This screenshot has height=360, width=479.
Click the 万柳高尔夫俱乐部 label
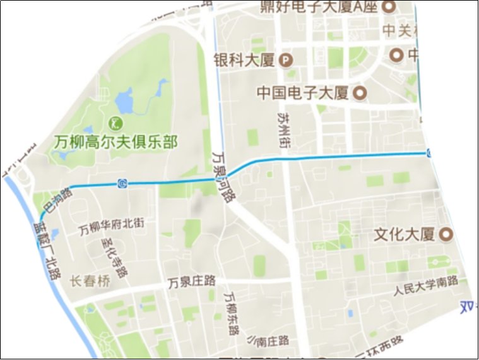(x=115, y=141)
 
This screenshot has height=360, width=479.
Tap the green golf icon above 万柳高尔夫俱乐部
(x=116, y=121)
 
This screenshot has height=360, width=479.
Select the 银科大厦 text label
(x=245, y=61)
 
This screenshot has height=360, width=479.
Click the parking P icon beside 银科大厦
(x=287, y=61)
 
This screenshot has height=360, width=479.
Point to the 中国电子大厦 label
(x=303, y=93)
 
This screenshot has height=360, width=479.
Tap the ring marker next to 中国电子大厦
(x=361, y=93)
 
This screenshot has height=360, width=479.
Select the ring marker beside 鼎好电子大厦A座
(x=390, y=8)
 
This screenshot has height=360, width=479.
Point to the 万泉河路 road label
(x=223, y=176)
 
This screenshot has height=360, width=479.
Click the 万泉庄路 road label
(x=192, y=283)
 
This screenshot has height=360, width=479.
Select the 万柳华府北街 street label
(x=112, y=225)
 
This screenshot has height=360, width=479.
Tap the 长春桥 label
(x=90, y=282)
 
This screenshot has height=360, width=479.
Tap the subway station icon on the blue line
(x=122, y=184)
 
